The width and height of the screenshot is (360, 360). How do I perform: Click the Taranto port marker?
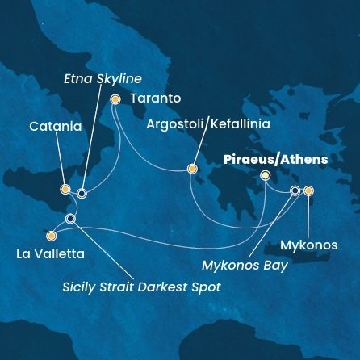(x=115, y=99)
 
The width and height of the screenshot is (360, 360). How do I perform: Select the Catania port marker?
(x=65, y=190)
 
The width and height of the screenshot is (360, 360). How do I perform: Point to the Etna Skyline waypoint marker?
(x=82, y=193)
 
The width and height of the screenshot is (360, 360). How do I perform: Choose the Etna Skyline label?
(x=103, y=77)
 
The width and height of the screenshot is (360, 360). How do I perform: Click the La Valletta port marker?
(x=52, y=237)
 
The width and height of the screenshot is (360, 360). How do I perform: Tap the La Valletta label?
(x=49, y=254)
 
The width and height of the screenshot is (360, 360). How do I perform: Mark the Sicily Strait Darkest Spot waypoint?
(x=71, y=219)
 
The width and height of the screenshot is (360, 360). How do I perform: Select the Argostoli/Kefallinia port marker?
(x=192, y=169)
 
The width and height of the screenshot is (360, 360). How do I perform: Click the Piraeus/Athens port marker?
(x=266, y=175)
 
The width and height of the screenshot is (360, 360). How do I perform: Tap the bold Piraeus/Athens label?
(x=275, y=159)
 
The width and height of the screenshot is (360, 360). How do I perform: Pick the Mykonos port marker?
(x=308, y=191)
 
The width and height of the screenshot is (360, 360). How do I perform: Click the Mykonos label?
(x=309, y=245)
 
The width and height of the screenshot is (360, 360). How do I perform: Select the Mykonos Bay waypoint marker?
(x=295, y=191)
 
